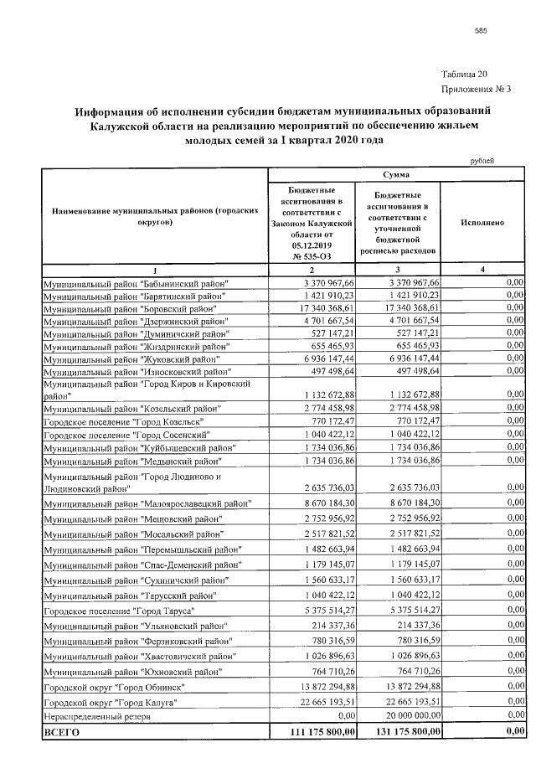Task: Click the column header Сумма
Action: pyautogui.click(x=396, y=175)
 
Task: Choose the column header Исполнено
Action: pyautogui.click(x=482, y=224)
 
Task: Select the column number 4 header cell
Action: pyautogui.click(x=482, y=269)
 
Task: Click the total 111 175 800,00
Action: pyautogui.click(x=309, y=733)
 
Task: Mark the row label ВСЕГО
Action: pyautogui.click(x=61, y=733)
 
